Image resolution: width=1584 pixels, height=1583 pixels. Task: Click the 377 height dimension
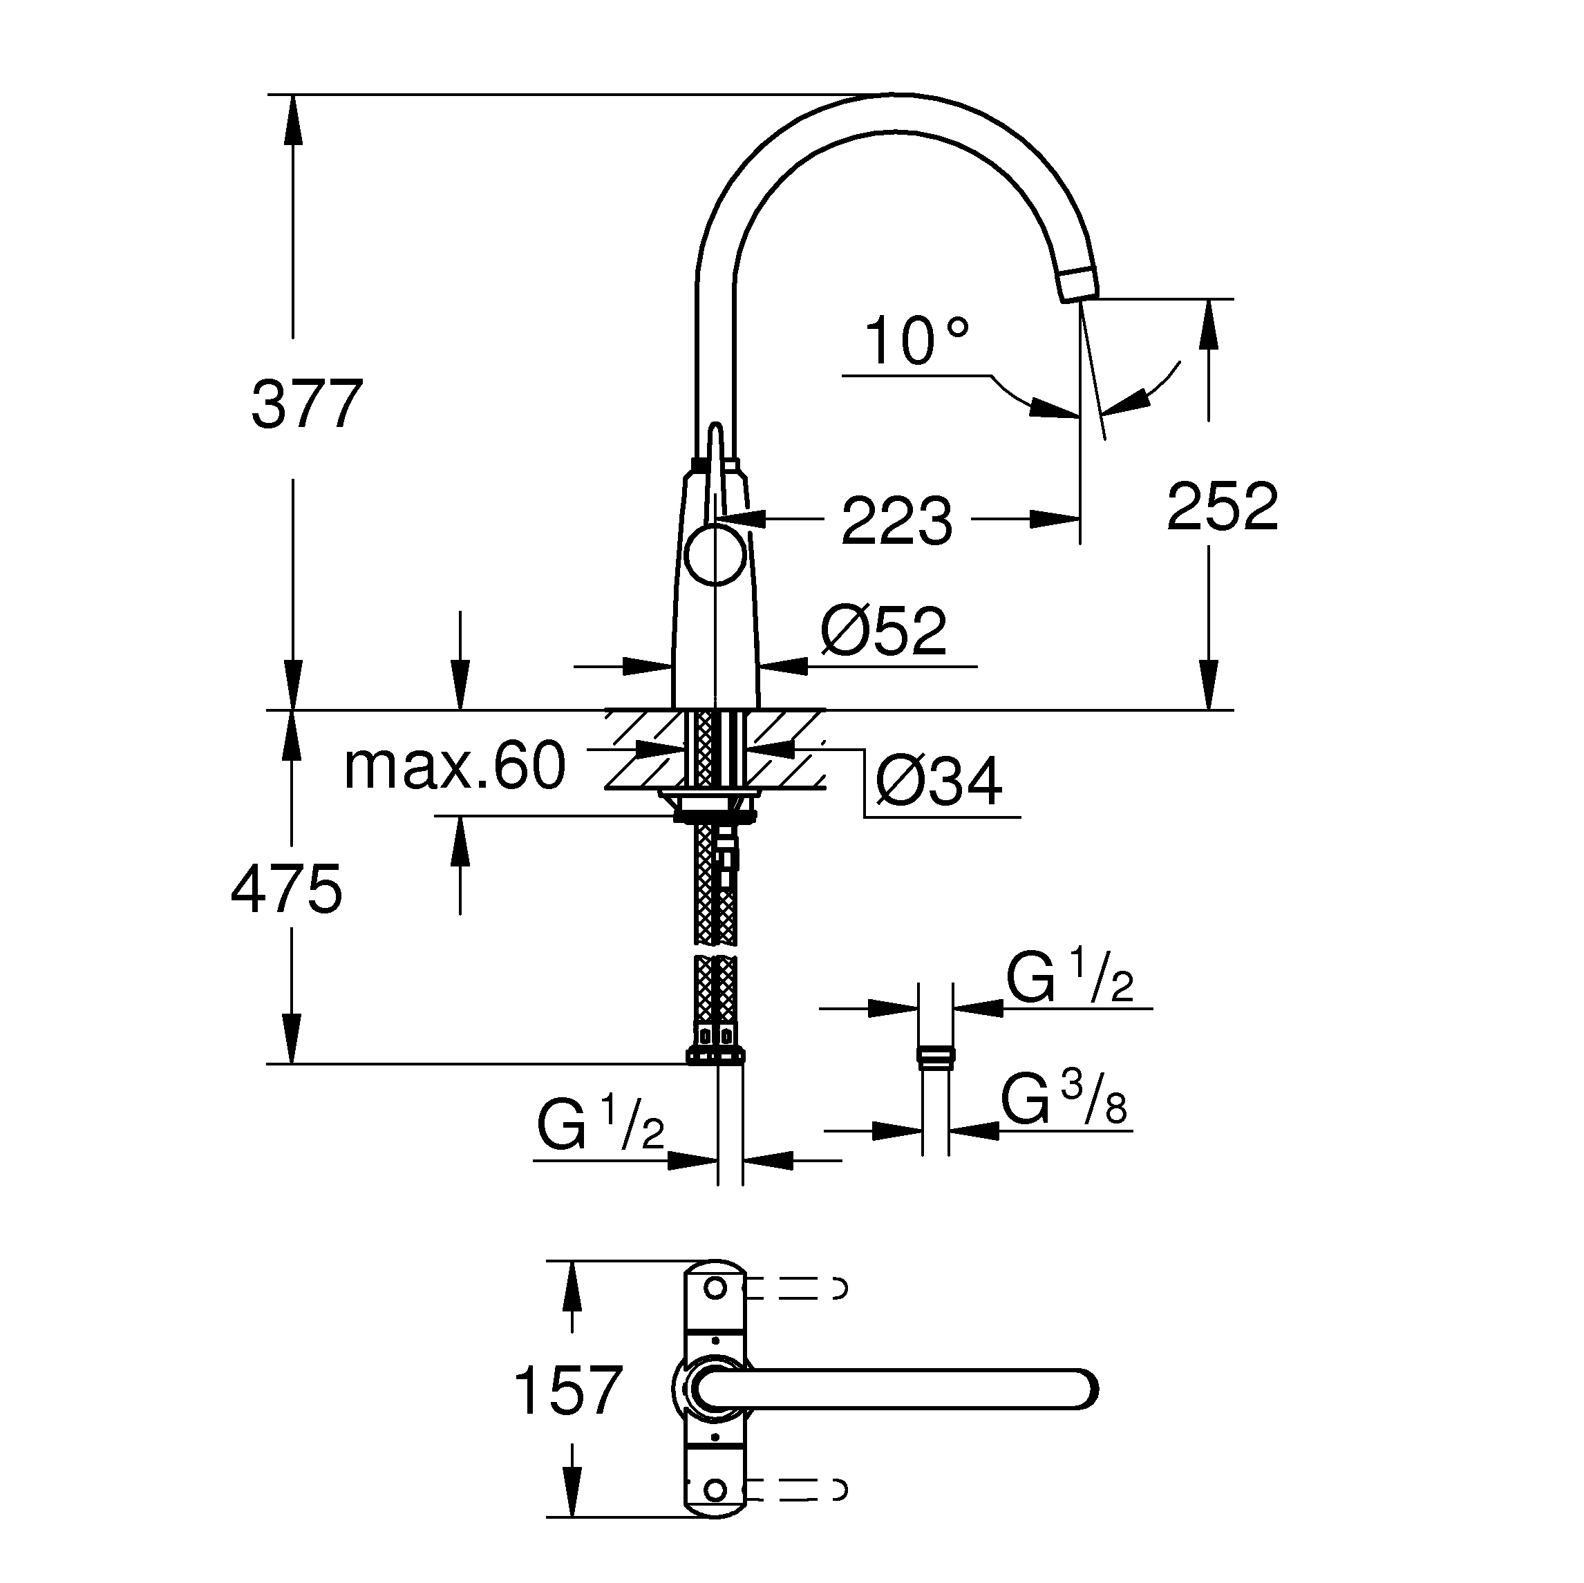pyautogui.click(x=307, y=404)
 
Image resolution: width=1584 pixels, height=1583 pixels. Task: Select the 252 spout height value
pyautogui.click(x=1222, y=506)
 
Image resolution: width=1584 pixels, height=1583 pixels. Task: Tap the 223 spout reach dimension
pyautogui.click(x=897, y=520)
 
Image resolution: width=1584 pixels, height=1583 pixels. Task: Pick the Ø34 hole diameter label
pyautogui.click(x=939, y=782)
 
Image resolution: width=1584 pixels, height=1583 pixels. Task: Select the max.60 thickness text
pyautogui.click(x=455, y=766)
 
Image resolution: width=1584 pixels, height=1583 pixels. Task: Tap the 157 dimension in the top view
pyautogui.click(x=567, y=1390)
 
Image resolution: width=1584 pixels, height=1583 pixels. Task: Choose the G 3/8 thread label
pyautogui.click(x=1064, y=1102)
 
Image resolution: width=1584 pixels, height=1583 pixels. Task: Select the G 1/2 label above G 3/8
pyautogui.click(x=1069, y=980)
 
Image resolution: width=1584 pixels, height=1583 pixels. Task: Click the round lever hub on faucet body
pyautogui.click(x=715, y=556)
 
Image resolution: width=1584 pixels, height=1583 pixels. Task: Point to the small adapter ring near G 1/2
pyautogui.click(x=936, y=1057)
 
